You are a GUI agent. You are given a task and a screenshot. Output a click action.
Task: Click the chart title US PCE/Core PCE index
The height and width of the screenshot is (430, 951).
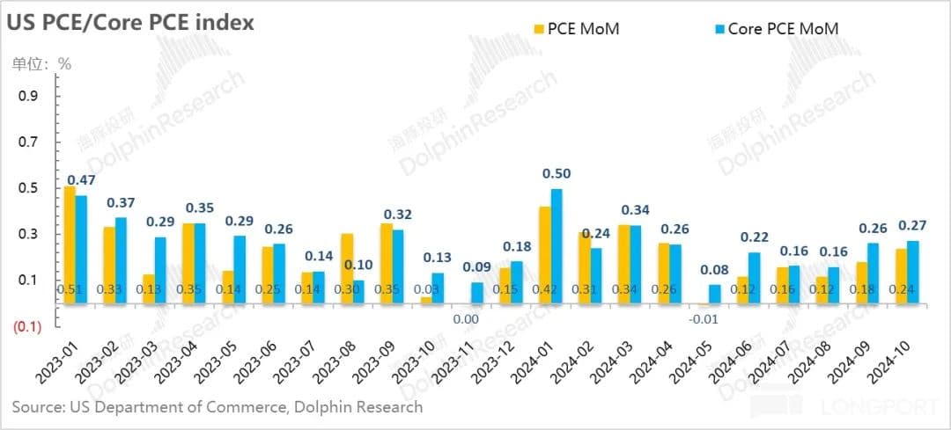coord(130,23)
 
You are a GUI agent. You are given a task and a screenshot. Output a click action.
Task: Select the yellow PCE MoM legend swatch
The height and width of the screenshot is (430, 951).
coord(539,29)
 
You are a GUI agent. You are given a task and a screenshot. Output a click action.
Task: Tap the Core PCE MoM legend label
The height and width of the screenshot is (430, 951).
coord(783,29)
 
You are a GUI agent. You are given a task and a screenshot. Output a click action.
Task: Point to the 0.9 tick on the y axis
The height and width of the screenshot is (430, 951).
coord(29,96)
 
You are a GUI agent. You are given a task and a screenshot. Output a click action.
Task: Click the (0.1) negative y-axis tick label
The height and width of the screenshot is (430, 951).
coord(27,326)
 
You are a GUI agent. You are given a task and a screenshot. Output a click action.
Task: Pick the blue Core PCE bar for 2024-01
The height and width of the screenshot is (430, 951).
coord(557,246)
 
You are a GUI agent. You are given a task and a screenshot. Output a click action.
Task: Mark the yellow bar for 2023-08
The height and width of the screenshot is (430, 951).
coord(347,268)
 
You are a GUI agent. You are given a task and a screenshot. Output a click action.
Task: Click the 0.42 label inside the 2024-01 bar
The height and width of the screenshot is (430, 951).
coord(544,289)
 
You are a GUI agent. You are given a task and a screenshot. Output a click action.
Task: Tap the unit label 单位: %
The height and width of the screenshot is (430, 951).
coord(41,63)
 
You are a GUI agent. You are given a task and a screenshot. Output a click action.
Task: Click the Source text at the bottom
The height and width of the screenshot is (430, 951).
coord(217,407)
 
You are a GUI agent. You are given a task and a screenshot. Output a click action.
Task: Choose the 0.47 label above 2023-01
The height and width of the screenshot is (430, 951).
coord(82,180)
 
